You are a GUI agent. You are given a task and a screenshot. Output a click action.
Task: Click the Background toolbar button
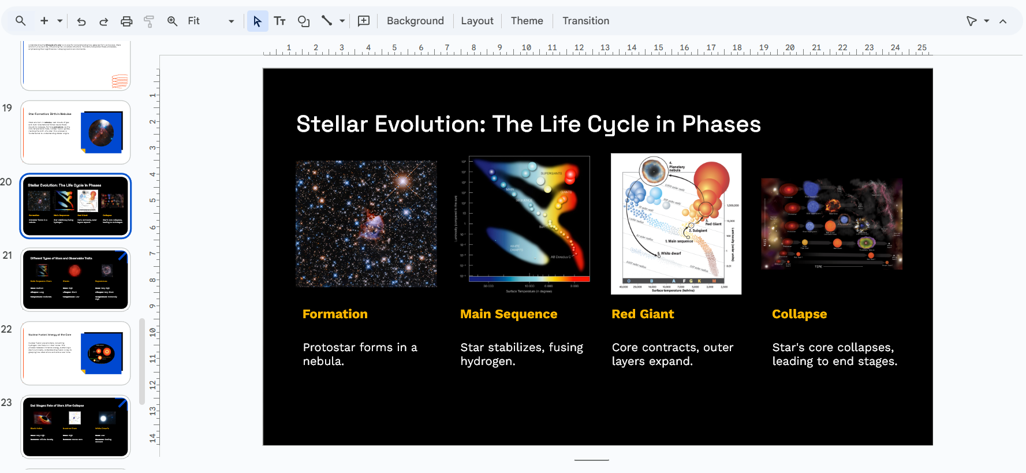point(415,21)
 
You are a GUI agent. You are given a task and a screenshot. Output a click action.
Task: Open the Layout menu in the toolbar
point(477,21)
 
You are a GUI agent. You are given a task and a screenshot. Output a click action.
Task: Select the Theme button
point(527,21)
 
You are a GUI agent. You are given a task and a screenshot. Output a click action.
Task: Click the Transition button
point(585,21)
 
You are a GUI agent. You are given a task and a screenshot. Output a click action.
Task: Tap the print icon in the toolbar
point(126,21)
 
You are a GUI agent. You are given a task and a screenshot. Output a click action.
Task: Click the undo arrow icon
point(81,21)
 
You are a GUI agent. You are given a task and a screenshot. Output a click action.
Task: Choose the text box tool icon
point(280,21)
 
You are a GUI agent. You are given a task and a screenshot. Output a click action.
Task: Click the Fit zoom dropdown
point(210,21)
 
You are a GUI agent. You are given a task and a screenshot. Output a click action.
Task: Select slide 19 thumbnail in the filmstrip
point(76,132)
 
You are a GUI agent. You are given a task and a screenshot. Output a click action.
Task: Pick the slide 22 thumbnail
point(76,353)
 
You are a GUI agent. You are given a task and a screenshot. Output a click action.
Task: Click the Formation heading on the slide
point(335,314)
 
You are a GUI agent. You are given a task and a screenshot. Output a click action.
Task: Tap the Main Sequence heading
point(508,314)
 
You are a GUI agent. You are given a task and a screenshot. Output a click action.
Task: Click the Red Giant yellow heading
point(643,314)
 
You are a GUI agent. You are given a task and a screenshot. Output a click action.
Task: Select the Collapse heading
point(799,314)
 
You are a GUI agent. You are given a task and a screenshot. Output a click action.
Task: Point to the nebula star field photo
point(366,224)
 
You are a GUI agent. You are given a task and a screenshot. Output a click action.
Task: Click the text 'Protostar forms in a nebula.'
point(359,354)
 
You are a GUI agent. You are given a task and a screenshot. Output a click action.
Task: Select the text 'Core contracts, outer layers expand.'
point(672,354)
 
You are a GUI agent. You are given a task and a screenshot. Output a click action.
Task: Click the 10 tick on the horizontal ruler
point(526,48)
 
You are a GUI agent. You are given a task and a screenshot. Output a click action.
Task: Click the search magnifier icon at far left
point(21,21)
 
